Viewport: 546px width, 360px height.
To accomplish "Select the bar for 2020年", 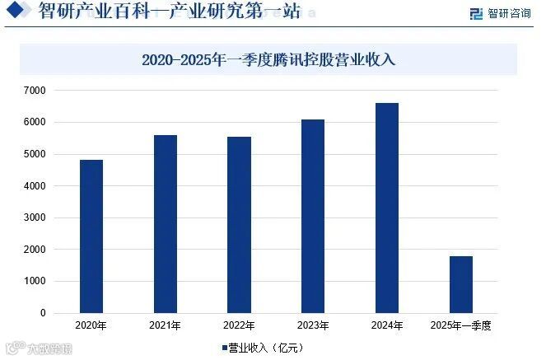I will click(91, 236).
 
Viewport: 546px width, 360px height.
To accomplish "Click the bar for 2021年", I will click(166, 224).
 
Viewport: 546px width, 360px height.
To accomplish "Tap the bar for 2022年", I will click(240, 225).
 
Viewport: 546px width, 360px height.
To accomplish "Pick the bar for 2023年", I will click(313, 217).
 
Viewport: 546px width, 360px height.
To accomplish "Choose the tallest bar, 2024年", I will click(387, 208).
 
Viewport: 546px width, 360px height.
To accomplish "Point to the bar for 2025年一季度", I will click(461, 285).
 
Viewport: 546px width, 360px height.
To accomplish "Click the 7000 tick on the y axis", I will click(35, 90).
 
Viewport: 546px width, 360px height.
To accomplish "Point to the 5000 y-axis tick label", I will click(35, 154).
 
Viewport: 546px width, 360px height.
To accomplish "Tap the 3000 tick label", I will click(35, 217).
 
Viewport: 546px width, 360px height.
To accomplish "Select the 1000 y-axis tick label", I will click(35, 282).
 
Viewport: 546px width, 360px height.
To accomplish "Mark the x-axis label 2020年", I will click(91, 326).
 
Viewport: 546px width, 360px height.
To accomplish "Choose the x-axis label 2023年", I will click(313, 326).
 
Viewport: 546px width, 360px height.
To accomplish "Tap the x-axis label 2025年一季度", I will click(460, 326).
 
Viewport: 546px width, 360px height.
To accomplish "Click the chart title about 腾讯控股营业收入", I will click(268, 59).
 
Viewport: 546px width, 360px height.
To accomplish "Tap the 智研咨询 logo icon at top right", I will click(476, 13).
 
